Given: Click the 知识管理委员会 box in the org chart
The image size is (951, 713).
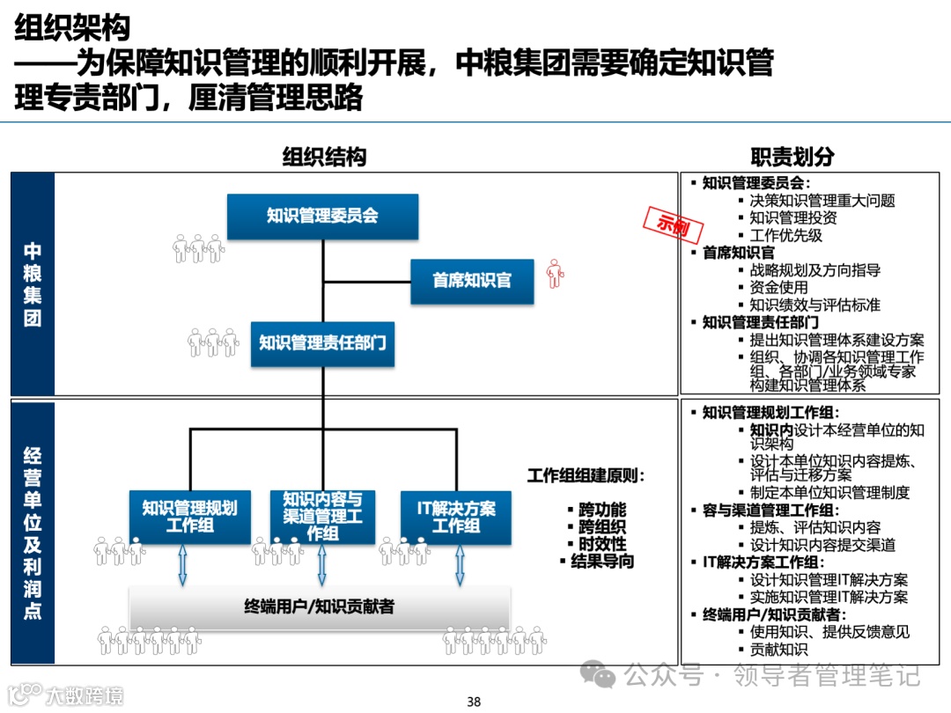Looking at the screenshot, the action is [322, 216].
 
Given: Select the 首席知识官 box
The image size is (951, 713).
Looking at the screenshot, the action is [472, 281].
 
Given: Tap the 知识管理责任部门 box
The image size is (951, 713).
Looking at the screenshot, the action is [322, 342].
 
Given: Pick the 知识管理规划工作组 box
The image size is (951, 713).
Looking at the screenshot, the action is [189, 517].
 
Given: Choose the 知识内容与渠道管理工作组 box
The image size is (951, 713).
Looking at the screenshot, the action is [322, 517].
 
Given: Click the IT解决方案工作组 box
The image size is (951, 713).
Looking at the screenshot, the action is [456, 517].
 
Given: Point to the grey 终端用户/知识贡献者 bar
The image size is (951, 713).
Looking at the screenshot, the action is [320, 606].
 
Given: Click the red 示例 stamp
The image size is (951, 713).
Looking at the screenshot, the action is [674, 224].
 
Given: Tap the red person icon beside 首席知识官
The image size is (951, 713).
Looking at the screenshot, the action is [554, 274].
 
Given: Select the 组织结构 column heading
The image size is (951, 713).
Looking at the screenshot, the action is [323, 158].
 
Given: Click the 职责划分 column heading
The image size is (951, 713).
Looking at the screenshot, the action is [792, 158].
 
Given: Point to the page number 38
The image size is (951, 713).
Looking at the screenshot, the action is [474, 702].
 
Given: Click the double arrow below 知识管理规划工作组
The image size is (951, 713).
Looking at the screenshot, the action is [182, 564].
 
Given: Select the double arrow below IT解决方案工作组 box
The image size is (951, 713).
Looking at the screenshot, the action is [460, 564].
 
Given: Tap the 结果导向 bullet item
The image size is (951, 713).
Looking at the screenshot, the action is [601, 561].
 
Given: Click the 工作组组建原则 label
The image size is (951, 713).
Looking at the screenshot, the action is [586, 476].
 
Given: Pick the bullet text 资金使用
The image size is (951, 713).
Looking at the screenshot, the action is [778, 288].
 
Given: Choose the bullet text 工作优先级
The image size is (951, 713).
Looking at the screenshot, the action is [785, 235].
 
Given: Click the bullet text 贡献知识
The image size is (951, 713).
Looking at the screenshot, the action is [778, 650].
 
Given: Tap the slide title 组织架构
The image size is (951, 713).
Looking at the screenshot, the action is [72, 28].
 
